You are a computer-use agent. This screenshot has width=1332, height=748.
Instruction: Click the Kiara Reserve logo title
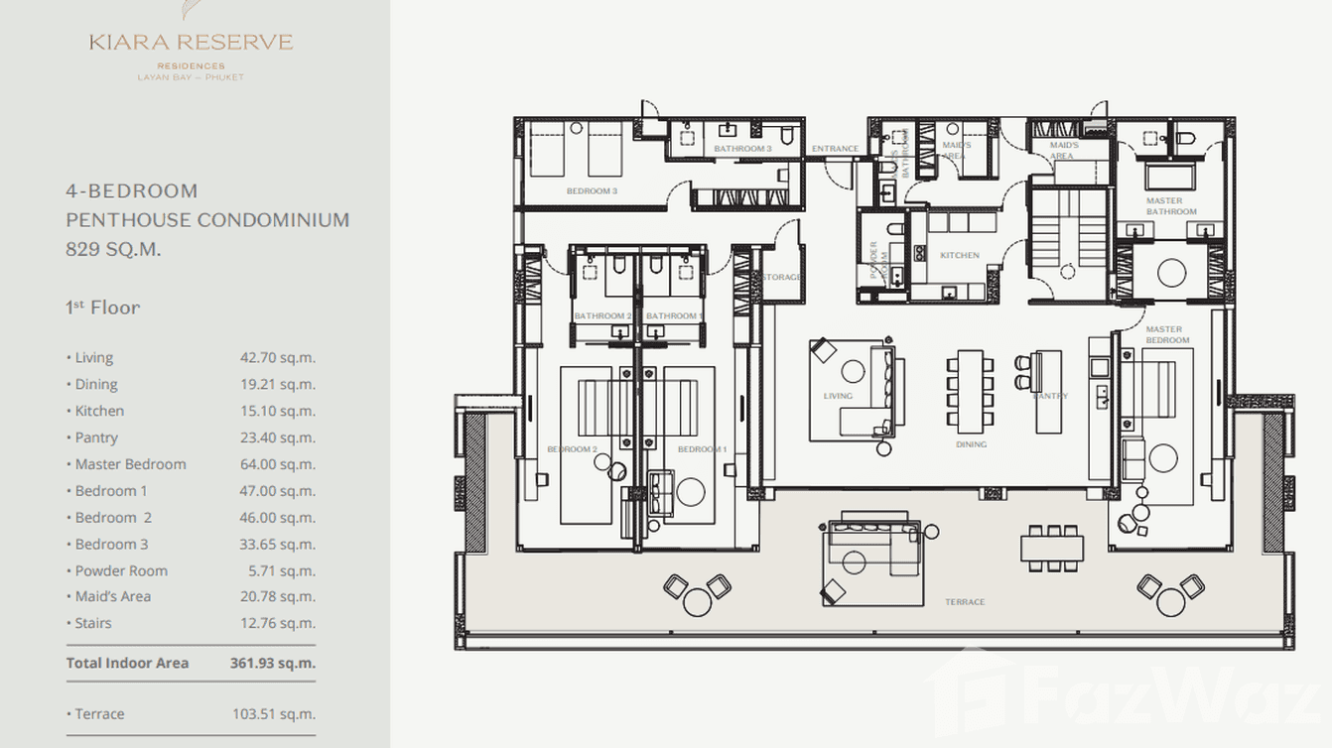click(191, 42)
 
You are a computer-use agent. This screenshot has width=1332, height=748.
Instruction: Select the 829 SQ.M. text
click(113, 249)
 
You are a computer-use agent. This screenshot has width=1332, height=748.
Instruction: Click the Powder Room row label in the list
click(121, 570)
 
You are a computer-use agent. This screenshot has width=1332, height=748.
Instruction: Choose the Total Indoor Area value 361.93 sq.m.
click(272, 663)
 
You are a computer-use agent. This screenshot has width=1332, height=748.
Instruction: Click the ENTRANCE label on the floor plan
click(835, 149)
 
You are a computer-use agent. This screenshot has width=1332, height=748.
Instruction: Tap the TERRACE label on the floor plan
click(965, 602)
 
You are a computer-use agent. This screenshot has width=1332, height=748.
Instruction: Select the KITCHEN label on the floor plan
click(960, 255)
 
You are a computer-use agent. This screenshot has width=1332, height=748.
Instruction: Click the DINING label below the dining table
click(971, 444)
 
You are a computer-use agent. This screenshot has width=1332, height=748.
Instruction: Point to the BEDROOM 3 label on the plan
click(592, 190)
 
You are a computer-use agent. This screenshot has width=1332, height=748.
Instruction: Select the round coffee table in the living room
click(854, 372)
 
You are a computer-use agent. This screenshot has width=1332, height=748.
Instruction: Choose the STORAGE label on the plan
click(782, 277)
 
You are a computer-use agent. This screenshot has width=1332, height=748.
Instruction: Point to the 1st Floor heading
click(102, 308)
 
